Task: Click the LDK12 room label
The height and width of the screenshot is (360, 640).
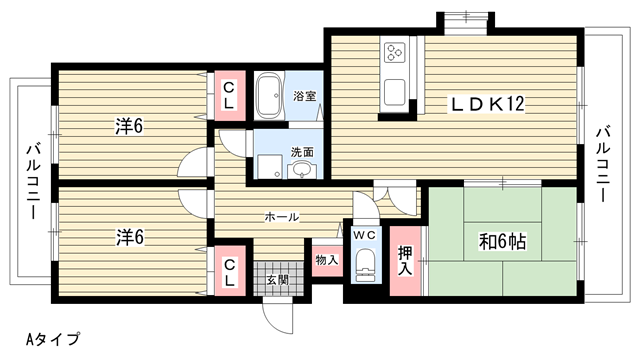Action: pyautogui.click(x=487, y=104)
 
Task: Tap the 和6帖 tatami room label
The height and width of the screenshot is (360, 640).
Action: pyautogui.click(x=502, y=242)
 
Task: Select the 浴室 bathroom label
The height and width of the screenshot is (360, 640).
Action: pyautogui.click(x=304, y=96)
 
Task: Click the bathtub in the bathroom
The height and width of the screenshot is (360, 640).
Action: pyautogui.click(x=269, y=96)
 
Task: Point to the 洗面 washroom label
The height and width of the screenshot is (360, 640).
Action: pyautogui.click(x=302, y=152)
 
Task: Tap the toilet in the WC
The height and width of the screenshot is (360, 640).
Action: pyautogui.click(x=365, y=264)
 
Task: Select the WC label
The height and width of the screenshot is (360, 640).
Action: pyautogui.click(x=364, y=235)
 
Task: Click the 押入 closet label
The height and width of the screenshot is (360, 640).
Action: pyautogui.click(x=405, y=261)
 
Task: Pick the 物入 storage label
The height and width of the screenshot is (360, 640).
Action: pyautogui.click(x=327, y=260)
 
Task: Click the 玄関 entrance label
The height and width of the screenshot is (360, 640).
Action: pyautogui.click(x=278, y=280)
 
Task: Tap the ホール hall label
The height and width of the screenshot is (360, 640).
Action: pyautogui.click(x=282, y=216)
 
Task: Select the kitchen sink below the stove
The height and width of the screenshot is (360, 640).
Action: pyautogui.click(x=395, y=92)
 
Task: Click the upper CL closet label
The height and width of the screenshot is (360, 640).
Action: pyautogui.click(x=229, y=96)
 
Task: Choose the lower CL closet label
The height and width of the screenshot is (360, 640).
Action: pyautogui.click(x=229, y=272)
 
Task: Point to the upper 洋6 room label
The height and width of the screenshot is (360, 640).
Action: pyautogui.click(x=129, y=126)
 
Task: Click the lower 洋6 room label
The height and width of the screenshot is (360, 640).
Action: pyautogui.click(x=130, y=237)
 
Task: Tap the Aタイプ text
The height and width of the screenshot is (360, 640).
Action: pyautogui.click(x=53, y=338)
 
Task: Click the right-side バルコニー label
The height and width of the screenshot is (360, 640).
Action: pyautogui.click(x=602, y=164)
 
